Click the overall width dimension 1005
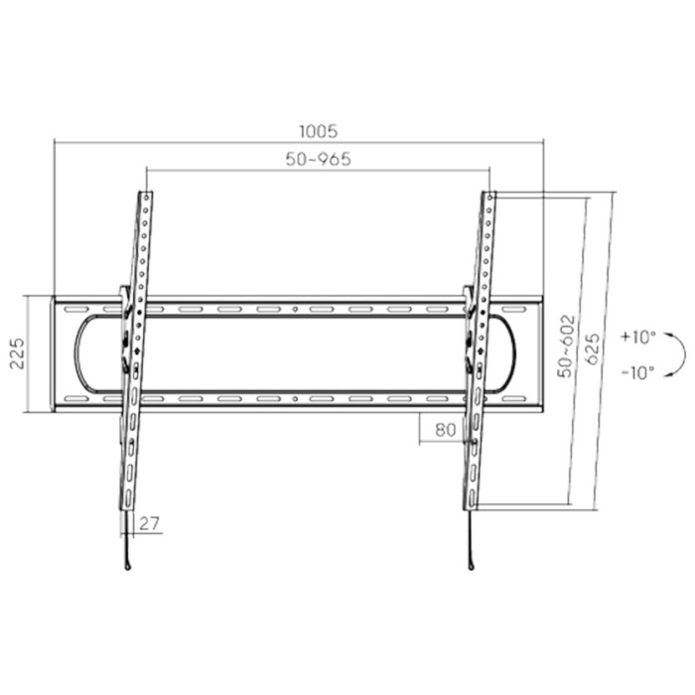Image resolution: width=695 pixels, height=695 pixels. (x=319, y=131)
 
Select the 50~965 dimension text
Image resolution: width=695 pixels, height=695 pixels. (x=318, y=159)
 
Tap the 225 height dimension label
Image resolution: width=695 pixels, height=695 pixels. (x=18, y=353)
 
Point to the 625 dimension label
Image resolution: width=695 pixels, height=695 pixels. (x=593, y=349)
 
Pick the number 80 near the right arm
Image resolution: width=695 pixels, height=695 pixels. (x=444, y=430)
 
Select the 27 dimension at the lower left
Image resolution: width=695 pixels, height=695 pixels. (x=150, y=524)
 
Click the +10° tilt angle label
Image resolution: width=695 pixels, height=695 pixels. (x=637, y=337)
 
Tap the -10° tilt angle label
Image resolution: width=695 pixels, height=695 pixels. (x=637, y=373)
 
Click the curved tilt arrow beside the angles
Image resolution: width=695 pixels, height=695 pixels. (x=679, y=354)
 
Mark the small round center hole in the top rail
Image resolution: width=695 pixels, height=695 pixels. (x=297, y=310)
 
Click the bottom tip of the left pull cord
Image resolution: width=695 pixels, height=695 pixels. (x=128, y=567)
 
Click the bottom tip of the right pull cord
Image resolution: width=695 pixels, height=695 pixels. (x=471, y=567)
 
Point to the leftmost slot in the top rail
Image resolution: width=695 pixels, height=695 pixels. (x=75, y=310)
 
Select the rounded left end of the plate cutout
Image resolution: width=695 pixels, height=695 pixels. (x=79, y=354)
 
